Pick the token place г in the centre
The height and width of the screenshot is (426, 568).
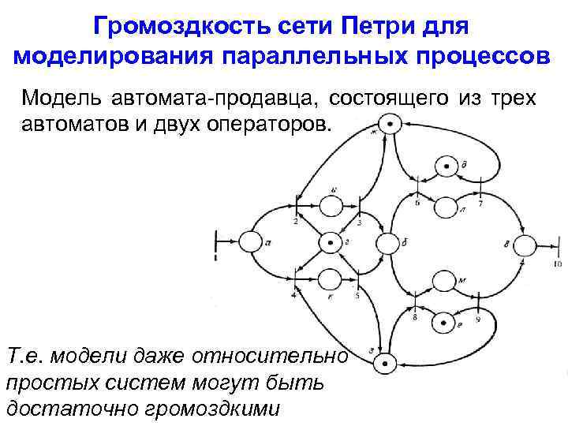[x=327, y=242]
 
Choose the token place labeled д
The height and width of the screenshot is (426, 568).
[x=446, y=166]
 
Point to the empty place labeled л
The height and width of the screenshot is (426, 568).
[x=446, y=207]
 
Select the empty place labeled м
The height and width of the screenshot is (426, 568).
[x=446, y=281]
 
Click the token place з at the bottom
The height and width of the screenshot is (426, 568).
[x=386, y=363]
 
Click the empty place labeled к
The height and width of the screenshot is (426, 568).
[x=327, y=279]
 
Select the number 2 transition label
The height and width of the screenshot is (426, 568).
[x=294, y=222]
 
